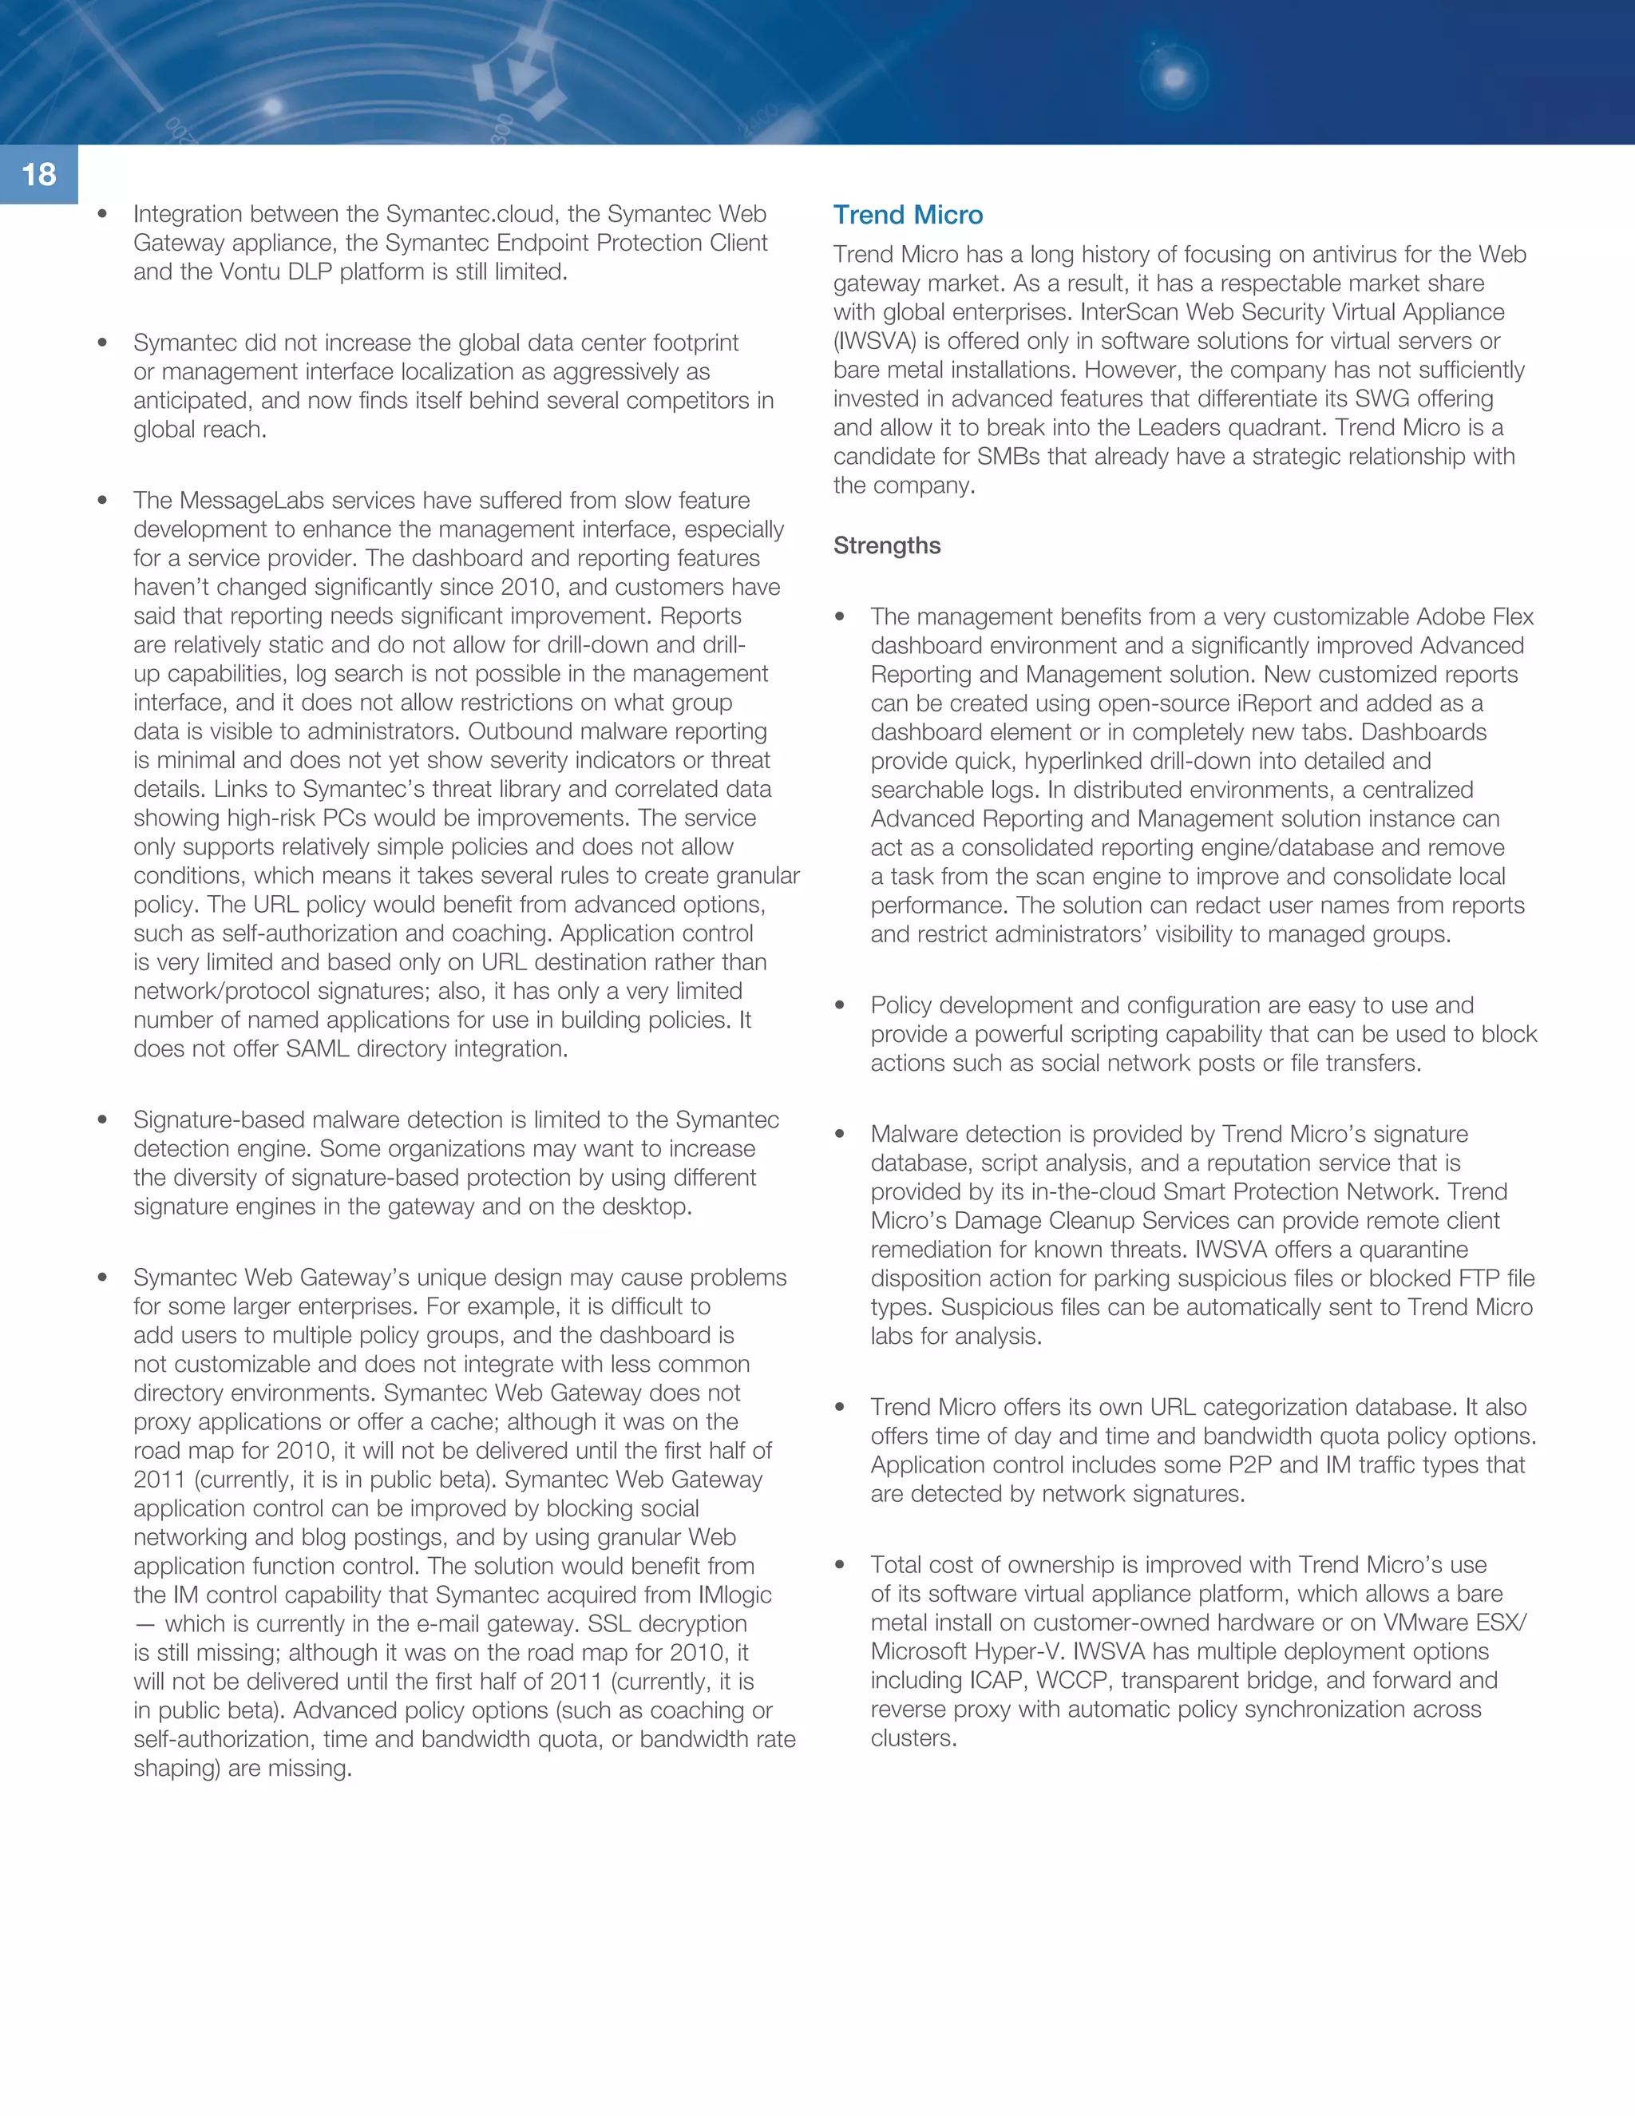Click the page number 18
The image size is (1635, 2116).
click(x=39, y=174)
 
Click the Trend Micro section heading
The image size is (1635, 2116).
click(x=908, y=215)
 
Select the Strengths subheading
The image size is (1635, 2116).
click(x=886, y=545)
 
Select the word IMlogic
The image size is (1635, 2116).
click(x=735, y=1595)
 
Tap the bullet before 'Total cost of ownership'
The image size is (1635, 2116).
click(x=840, y=1565)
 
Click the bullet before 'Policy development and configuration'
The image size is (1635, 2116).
click(x=840, y=1005)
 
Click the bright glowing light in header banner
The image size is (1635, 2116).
click(x=1174, y=77)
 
